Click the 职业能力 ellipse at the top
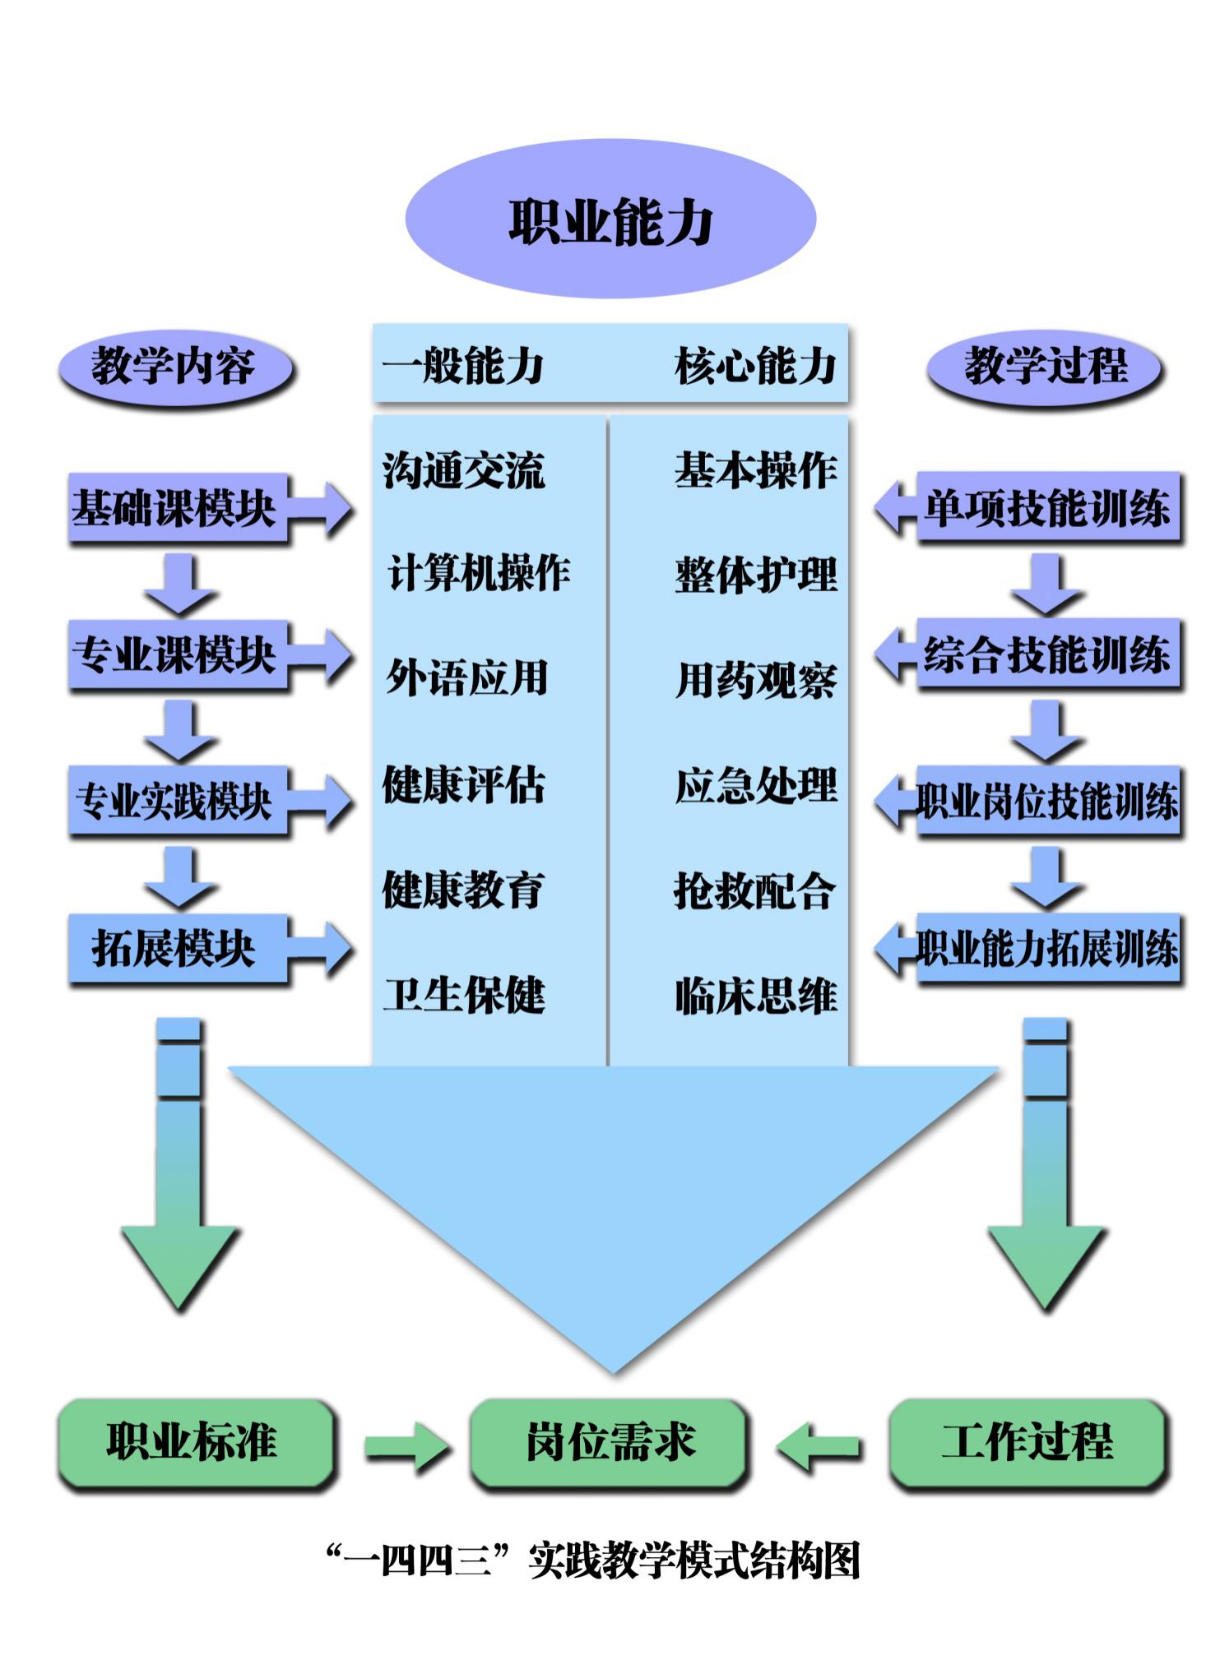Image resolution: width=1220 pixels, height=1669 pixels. pos(610,220)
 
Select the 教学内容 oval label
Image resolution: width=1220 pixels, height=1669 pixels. pos(174,367)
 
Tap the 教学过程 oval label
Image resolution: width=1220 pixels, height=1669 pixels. pos(1045,367)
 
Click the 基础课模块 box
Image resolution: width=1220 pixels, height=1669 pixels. pos(177,507)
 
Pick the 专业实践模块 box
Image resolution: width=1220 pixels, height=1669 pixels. pos(177,801)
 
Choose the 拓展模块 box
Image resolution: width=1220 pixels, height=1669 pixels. pos(177,948)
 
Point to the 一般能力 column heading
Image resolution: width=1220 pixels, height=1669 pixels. pos(462,366)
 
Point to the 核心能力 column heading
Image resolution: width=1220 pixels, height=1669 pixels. pos(755,366)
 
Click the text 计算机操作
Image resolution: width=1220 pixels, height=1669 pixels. pos(479,573)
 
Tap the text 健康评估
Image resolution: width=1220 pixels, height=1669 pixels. pos(463,784)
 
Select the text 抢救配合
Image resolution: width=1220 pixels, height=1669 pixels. pos(754,890)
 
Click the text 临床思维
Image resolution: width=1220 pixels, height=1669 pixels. pos(755,995)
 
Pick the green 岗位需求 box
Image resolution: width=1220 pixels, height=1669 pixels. pos(610,1443)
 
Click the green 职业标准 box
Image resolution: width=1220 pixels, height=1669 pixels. pos(195,1443)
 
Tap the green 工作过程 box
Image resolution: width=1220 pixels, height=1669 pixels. pos(1027,1443)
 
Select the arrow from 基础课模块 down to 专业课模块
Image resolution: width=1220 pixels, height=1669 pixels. pos(180,584)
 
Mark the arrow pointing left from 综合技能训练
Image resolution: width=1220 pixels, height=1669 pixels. pos(895,655)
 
